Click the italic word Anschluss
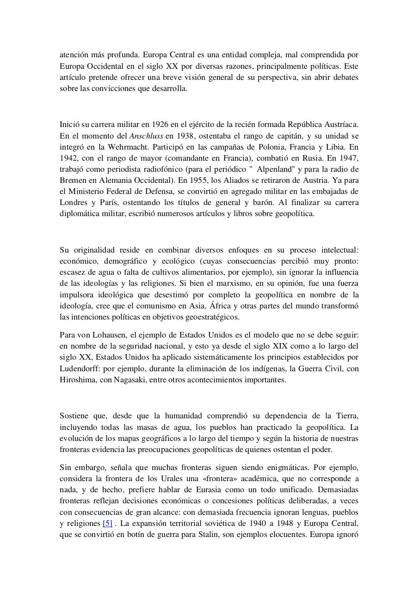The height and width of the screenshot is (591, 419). click(146, 136)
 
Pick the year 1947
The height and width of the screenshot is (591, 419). click(349, 158)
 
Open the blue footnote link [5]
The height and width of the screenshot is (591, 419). click(107, 523)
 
